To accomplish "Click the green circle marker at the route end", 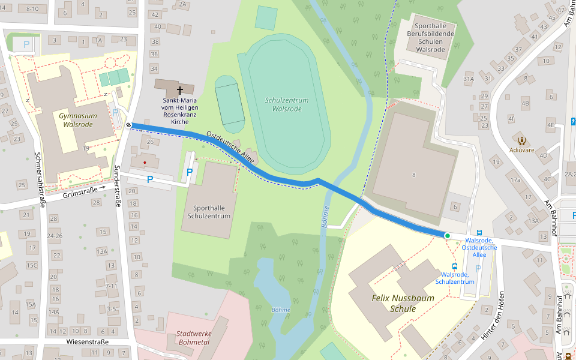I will pos(447,236).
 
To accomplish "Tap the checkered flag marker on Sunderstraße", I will pos(128,125).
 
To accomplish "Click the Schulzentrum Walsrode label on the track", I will pos(286,104).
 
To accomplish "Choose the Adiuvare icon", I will pos(521,141).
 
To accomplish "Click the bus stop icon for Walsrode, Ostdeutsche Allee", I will pos(479,232).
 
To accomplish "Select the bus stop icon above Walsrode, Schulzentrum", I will pos(455,266).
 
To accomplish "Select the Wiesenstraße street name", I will pos(88,342).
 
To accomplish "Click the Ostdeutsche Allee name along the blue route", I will pos(230,148).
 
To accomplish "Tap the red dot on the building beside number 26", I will pos(145,162).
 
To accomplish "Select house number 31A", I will pos(469,79).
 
